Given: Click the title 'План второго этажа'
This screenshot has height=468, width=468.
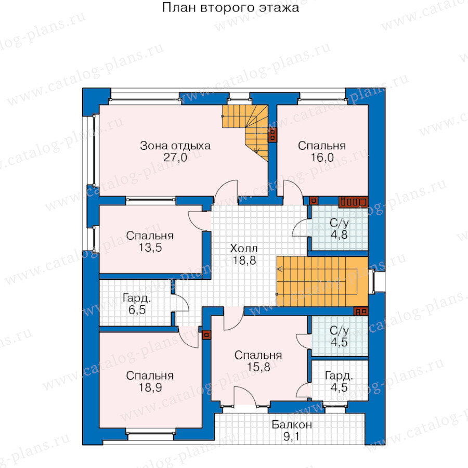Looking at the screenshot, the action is (230, 7).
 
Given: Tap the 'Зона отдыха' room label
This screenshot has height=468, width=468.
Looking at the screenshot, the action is (175, 146).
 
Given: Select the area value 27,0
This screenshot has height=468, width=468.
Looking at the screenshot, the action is (175, 157).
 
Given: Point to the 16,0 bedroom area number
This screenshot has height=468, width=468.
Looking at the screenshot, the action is (322, 157).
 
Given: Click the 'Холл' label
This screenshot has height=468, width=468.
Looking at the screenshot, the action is (243, 249).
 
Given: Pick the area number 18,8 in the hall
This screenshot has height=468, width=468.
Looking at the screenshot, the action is (244, 261).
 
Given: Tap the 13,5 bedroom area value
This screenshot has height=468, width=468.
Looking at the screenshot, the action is (150, 248).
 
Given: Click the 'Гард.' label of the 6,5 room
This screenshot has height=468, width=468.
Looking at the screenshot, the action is (137, 298).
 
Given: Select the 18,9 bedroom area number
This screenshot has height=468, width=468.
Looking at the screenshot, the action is (150, 387).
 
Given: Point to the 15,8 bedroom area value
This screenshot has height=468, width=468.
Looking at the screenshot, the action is (258, 367).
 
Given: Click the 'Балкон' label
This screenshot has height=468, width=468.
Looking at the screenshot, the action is (292, 424).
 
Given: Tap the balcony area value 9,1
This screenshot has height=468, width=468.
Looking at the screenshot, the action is (291, 437).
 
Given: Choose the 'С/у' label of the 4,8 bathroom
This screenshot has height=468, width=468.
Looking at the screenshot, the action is (339, 223).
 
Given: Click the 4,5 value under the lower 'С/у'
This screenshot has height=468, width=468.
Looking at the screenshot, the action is (339, 342).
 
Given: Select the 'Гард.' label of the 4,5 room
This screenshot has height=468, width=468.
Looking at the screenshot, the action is (339, 375).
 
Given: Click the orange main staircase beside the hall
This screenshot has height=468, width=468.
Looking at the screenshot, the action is (322, 281).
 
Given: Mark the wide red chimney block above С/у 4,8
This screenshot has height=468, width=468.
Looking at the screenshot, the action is (354, 202).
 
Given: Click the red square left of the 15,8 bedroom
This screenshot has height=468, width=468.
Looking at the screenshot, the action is (206, 335).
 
